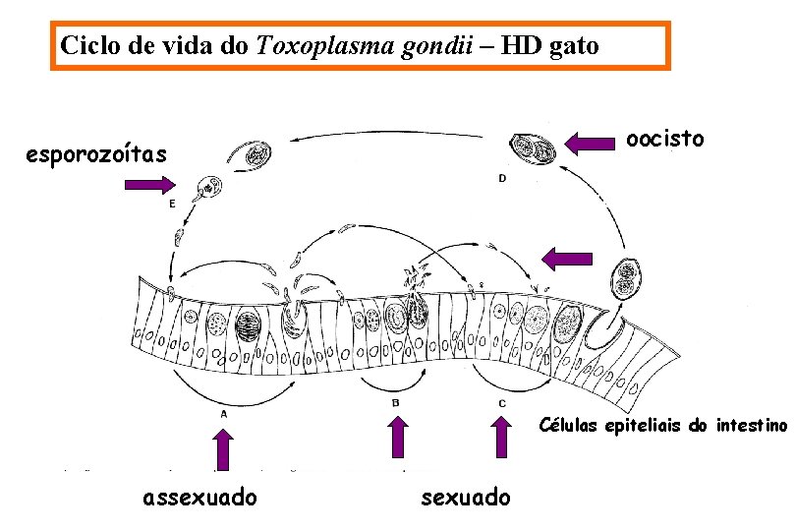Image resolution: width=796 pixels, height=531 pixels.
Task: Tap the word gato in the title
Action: tap(573, 45)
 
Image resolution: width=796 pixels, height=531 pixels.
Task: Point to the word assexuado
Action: tap(199, 498)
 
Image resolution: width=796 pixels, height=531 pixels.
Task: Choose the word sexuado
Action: tap(465, 498)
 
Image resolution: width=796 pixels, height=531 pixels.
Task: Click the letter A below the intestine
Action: tap(224, 414)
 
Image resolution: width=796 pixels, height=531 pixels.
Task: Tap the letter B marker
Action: tap(395, 402)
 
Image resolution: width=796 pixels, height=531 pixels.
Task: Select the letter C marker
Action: tap(502, 403)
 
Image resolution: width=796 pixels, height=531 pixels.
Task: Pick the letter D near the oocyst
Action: tap(502, 178)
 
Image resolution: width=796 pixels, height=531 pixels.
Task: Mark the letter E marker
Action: tap(172, 204)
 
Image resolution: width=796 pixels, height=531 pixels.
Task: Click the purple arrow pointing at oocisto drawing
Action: tap(589, 146)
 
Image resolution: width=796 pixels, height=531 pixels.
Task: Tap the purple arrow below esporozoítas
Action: tap(149, 184)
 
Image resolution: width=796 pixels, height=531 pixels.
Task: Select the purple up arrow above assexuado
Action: tap(224, 450)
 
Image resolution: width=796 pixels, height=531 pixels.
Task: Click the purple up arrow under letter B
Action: tap(397, 437)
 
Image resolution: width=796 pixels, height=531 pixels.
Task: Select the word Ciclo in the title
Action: tap(86, 45)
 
